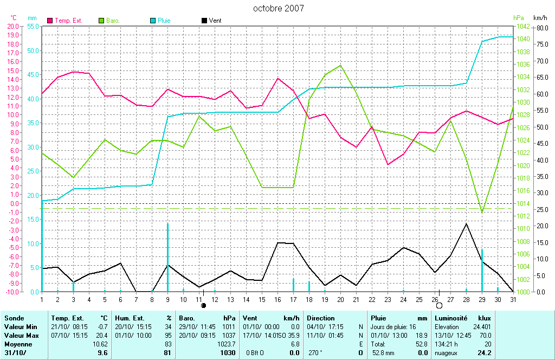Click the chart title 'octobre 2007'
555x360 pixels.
[x=279, y=8]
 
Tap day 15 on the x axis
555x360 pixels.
[x=262, y=299]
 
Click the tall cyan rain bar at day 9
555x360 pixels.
[x=167, y=255]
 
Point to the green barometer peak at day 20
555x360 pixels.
[x=340, y=65]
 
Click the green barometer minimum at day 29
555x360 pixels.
[x=482, y=212]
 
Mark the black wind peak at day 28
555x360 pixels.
[x=466, y=223]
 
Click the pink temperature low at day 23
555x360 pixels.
[x=388, y=164]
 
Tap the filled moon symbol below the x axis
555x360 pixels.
[x=204, y=305]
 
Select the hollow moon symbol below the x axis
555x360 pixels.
[x=439, y=305]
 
